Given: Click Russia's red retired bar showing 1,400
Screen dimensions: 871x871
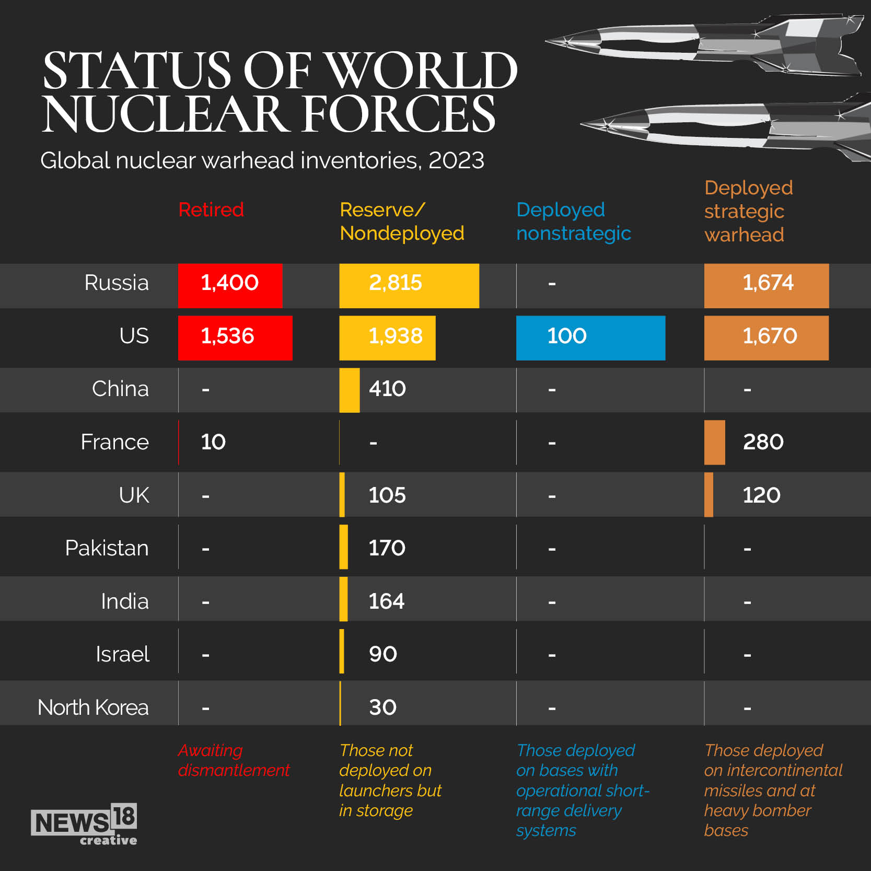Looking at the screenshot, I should pyautogui.click(x=230, y=285).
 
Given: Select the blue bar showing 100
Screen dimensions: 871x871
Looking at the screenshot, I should pyautogui.click(x=590, y=338).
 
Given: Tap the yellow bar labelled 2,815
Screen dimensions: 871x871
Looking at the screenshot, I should pyautogui.click(x=409, y=285).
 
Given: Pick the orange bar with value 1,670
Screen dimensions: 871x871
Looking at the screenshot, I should pyautogui.click(x=766, y=338).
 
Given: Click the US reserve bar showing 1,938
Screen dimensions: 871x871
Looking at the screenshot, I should pyautogui.click(x=387, y=338).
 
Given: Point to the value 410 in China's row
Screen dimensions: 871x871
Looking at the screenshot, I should pyautogui.click(x=387, y=389).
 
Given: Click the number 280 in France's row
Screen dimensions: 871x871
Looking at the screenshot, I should pyautogui.click(x=763, y=442).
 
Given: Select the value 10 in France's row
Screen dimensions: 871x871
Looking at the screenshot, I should pyautogui.click(x=213, y=442).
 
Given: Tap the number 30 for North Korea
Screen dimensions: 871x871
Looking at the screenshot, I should pyautogui.click(x=382, y=707).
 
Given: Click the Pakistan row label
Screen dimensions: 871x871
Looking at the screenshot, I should pyautogui.click(x=107, y=548).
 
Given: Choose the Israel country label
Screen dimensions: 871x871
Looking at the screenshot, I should pyautogui.click(x=122, y=654).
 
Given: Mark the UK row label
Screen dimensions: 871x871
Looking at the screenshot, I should pyautogui.click(x=134, y=495).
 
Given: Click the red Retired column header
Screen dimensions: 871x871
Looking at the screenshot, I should pyautogui.click(x=211, y=210).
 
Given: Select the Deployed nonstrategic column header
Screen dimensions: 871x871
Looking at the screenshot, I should pyautogui.click(x=573, y=222).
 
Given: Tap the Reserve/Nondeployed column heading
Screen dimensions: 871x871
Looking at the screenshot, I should pyautogui.click(x=401, y=222).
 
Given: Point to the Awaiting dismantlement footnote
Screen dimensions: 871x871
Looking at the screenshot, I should pyautogui.click(x=234, y=760).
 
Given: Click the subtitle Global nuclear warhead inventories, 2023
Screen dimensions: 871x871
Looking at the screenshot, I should pyautogui.click(x=262, y=160).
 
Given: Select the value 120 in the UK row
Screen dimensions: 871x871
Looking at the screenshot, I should pyautogui.click(x=761, y=495).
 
